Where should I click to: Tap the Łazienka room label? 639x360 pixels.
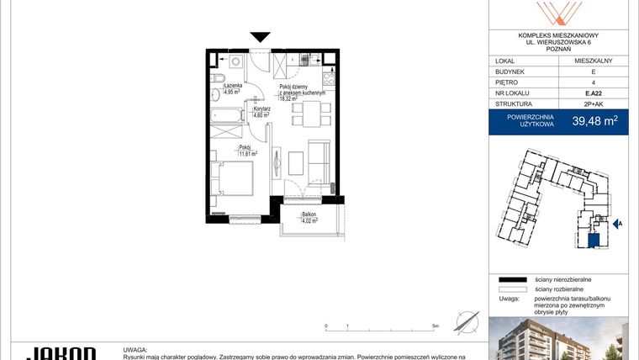tap(233, 85)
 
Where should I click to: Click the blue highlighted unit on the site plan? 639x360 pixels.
tap(594, 241)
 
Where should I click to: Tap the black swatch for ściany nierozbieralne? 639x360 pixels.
tap(510, 278)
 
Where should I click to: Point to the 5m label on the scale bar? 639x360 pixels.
tap(436, 325)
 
